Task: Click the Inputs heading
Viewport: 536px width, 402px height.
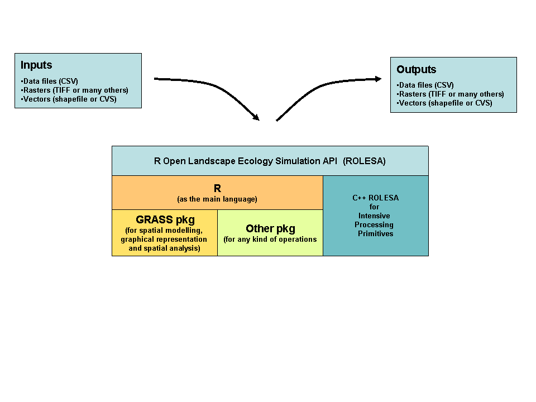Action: pos(36,65)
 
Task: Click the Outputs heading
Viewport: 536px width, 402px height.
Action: pos(416,70)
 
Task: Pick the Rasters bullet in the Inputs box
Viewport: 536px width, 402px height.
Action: pos(74,90)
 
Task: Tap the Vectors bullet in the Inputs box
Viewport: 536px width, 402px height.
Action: pos(69,99)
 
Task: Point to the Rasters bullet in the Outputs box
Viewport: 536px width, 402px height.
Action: pos(450,94)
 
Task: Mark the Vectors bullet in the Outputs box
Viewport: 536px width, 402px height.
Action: pos(444,103)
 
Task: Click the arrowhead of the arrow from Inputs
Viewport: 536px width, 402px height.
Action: pos(256,117)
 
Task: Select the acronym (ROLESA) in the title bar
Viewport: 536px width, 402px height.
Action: pos(364,161)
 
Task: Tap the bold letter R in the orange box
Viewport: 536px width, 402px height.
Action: pos(217,189)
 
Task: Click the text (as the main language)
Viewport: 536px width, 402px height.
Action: pos(217,199)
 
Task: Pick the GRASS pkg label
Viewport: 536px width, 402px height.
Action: pos(165,219)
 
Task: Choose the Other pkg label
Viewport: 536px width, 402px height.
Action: pos(270,228)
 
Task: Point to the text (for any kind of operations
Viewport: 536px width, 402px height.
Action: pos(270,240)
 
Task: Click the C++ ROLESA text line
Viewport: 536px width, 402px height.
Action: pos(375,198)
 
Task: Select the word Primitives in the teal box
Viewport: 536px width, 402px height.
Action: pos(375,233)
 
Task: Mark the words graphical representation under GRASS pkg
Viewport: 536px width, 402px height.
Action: pos(164,239)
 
